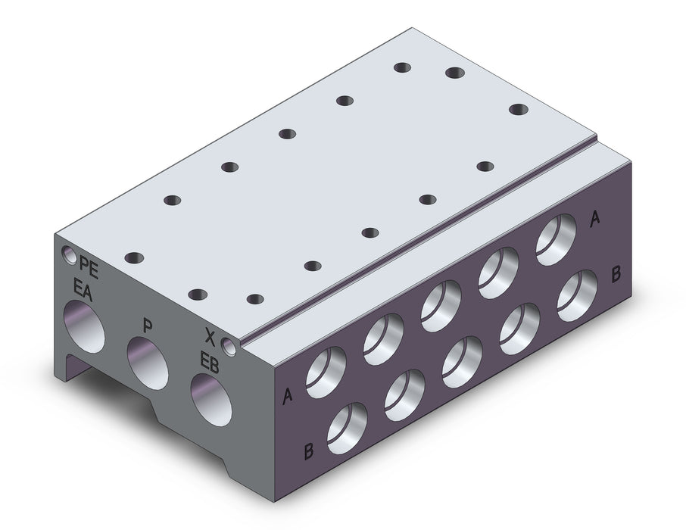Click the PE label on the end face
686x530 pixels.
pos(89,268)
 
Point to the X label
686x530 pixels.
pos(210,336)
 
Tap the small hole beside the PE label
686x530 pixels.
pos(69,254)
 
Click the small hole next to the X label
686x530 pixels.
pos(229,346)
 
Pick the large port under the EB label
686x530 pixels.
pos(211,399)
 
